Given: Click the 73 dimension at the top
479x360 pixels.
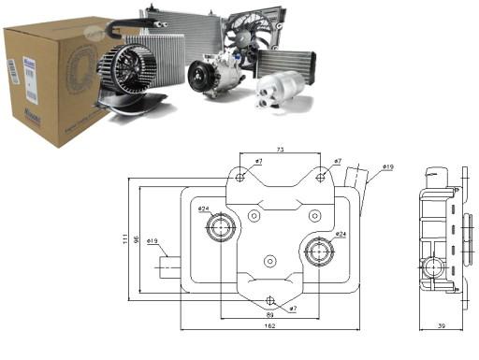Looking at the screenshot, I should click(280, 150).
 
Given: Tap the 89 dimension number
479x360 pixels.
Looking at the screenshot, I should click(270, 316).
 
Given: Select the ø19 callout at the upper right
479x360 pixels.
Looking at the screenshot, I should click(386, 167).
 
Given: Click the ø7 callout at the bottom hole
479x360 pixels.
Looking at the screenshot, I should click(292, 308).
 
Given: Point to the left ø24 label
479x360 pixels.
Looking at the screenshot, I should click(204, 209).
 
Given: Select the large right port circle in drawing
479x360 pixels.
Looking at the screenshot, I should click(320, 252).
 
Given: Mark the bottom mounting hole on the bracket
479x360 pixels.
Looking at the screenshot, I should click(270, 300).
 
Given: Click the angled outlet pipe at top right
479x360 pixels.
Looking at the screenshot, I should click(356, 178).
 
